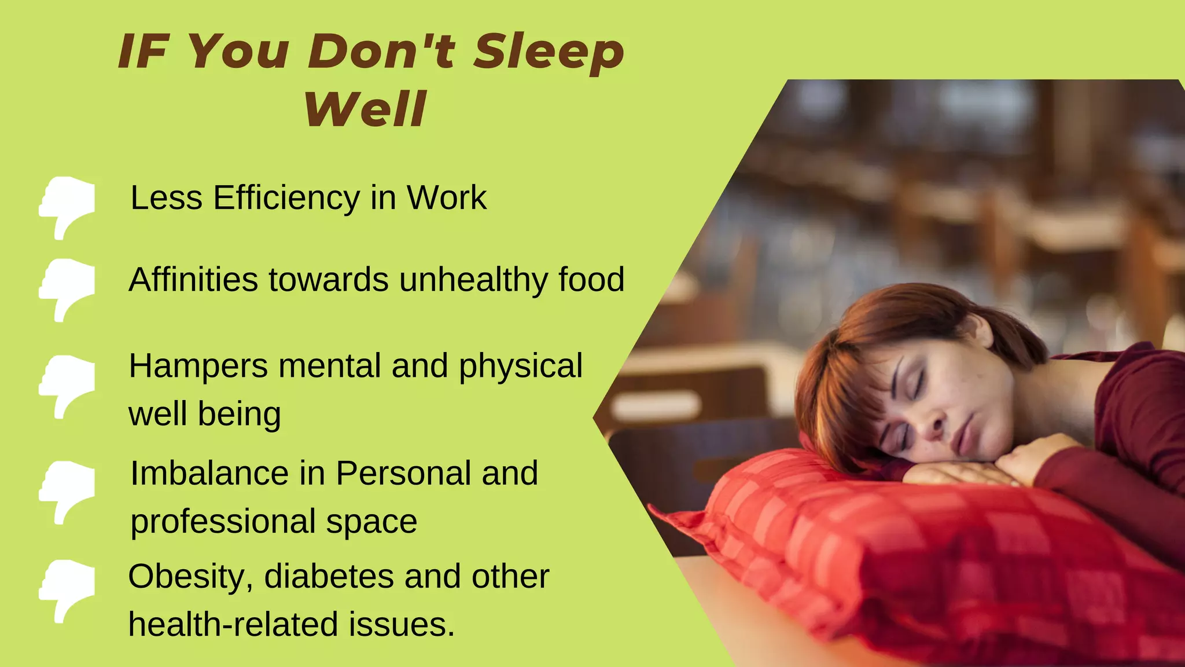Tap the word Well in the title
(x=366, y=109)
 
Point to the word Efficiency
(x=286, y=199)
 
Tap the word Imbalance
(x=209, y=473)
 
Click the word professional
(x=223, y=522)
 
